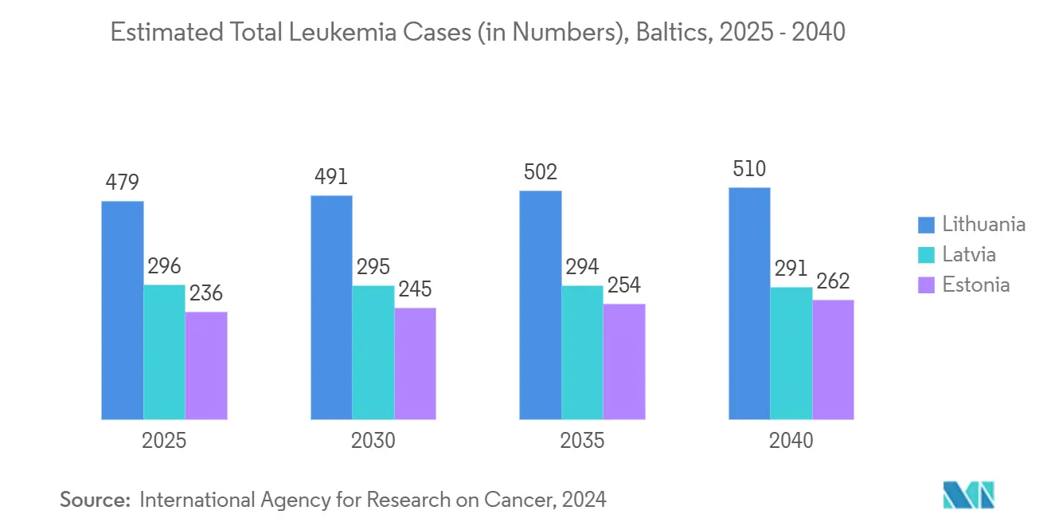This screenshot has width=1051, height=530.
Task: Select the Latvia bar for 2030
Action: point(373,351)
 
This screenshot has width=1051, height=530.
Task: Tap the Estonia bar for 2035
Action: point(623,361)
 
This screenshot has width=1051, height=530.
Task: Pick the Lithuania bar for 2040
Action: point(749,303)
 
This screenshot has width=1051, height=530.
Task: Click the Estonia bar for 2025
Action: point(206,365)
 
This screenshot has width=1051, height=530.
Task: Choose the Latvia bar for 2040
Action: point(791,352)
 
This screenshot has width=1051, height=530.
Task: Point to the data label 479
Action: point(123,183)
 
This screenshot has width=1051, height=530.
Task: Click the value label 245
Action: point(415,289)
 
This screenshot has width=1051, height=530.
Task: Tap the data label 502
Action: point(541,172)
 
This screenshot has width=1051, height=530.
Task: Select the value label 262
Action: point(833,281)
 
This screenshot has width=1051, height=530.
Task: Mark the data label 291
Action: point(791,269)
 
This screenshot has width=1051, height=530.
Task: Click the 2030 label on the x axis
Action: point(373,441)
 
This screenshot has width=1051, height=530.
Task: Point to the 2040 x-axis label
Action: point(791,441)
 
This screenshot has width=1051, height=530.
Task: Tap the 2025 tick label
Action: point(164,441)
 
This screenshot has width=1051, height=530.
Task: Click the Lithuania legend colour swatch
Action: point(926,225)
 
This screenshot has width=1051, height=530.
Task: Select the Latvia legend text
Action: point(969,254)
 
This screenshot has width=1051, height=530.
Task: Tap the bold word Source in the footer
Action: point(95,500)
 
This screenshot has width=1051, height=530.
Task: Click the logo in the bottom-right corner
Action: point(968,495)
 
